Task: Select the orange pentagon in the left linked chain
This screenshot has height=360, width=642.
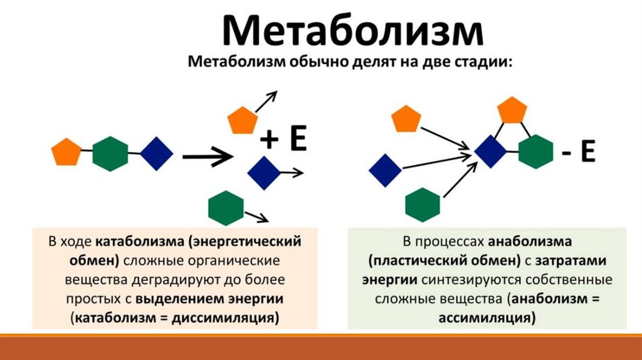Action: point(66,152)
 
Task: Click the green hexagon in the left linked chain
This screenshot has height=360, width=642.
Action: point(110,153)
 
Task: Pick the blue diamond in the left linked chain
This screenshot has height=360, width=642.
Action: point(156,153)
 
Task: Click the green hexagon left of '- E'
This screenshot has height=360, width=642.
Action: point(536,152)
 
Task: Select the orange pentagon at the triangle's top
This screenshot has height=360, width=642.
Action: point(512,111)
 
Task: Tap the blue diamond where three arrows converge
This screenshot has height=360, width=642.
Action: point(490,152)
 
